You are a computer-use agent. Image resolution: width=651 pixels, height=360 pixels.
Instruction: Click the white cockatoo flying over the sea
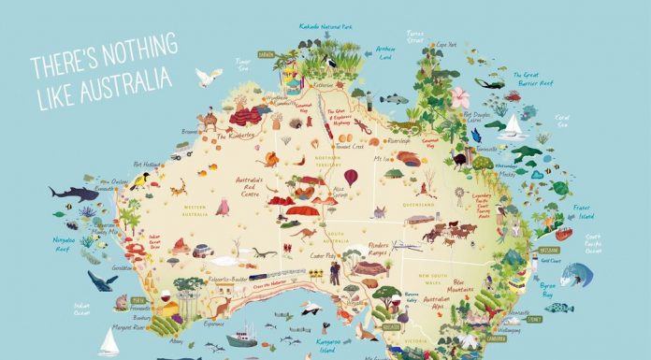click(x=208, y=78)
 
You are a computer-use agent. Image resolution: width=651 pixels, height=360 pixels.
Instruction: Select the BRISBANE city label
click(x=551, y=251)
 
